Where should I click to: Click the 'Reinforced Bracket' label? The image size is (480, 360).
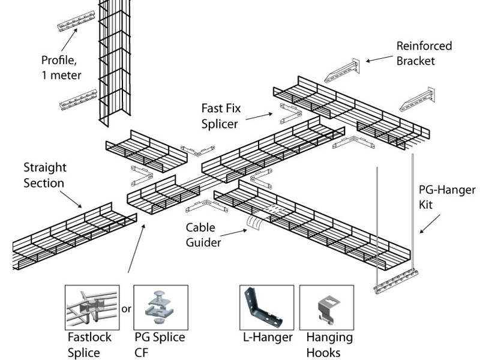[424, 53]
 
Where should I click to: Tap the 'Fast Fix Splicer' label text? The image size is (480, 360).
[220, 116]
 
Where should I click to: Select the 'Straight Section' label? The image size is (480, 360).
[45, 174]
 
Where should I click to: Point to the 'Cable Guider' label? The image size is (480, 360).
[203, 235]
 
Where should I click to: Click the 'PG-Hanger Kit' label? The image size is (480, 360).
[446, 197]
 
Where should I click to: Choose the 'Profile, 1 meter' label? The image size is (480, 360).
[61, 68]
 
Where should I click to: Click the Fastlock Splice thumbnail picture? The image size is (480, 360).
[92, 307]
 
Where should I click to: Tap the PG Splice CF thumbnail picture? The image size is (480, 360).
[161, 307]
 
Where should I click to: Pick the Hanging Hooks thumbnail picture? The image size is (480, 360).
[325, 307]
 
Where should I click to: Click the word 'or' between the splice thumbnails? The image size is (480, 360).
[126, 310]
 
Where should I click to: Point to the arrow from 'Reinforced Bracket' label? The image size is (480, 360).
[378, 59]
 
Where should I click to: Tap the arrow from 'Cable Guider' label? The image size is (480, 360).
[236, 235]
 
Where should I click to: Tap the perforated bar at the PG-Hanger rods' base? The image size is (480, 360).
[395, 282]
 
